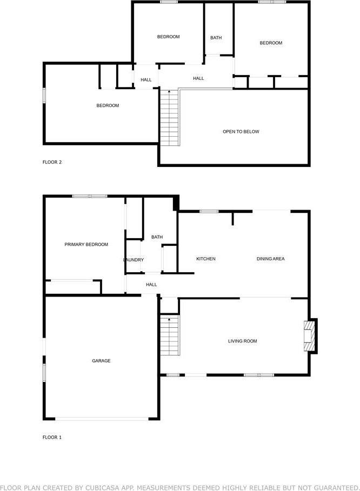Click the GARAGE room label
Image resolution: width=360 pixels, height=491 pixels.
coord(101,361)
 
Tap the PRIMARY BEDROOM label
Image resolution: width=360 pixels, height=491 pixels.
coord(86,244)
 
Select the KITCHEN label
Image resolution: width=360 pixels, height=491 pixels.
coord(206,259)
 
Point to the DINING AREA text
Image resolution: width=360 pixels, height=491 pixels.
coord(270,259)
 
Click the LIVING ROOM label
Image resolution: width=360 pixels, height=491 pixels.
coord(243,341)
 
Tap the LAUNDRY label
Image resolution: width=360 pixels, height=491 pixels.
coord(134,260)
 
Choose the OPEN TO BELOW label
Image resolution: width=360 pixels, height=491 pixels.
coord(241,131)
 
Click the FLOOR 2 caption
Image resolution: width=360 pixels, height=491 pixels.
coord(52,162)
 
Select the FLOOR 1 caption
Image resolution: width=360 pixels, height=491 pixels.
coord(52,437)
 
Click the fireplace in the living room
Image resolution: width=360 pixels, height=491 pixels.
coord(310,336)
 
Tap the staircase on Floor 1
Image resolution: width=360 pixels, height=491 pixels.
coord(170,335)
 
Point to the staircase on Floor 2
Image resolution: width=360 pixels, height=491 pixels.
coord(170,118)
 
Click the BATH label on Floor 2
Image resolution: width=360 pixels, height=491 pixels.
coord(216,38)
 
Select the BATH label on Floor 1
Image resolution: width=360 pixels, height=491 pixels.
coord(157,237)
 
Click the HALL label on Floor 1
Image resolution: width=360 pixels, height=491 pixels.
coord(151,284)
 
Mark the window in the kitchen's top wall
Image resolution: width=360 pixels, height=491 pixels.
coord(209,211)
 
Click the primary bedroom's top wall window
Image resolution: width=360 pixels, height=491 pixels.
coord(90,196)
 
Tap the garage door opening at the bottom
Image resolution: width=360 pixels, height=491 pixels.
coord(102,419)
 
